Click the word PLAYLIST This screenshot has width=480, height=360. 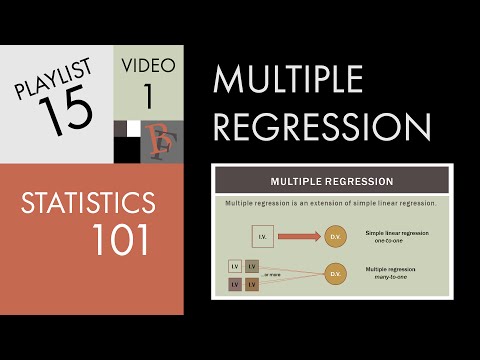pos(52,81)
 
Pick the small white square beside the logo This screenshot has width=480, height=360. pos(132,128)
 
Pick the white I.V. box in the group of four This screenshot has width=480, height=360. pos(235,266)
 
